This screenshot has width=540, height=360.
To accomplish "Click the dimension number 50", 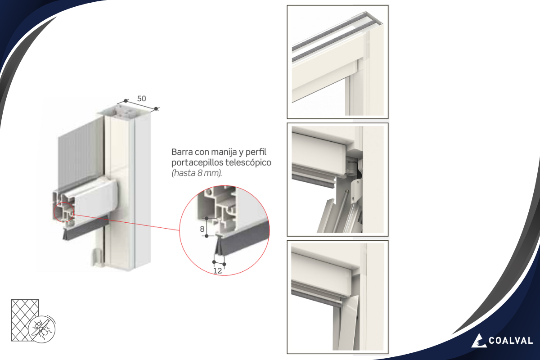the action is (x=141, y=99).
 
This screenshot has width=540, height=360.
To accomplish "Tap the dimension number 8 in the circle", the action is (x=202, y=229).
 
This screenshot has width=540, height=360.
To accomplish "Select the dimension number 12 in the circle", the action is (x=217, y=271).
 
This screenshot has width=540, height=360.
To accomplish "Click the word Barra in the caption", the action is (x=182, y=152).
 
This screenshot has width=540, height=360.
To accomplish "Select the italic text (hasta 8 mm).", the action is (x=197, y=173).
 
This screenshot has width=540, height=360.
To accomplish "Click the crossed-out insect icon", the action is (x=42, y=329).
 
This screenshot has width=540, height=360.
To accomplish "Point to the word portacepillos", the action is (x=198, y=163).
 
